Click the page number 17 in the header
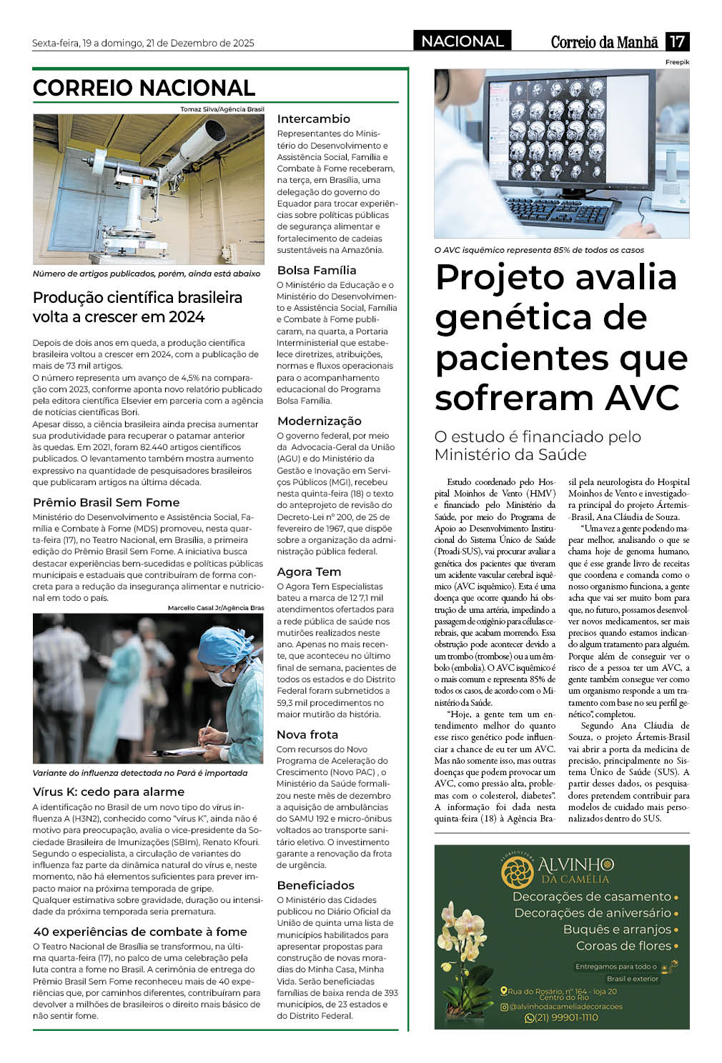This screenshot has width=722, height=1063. (x=677, y=41)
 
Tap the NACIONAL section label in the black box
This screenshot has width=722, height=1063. (x=462, y=41)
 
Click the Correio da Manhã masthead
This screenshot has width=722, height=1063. (x=604, y=42)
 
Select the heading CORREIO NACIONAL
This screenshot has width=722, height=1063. (x=144, y=88)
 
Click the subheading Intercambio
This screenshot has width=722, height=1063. (x=313, y=119)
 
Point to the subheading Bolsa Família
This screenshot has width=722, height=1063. (x=316, y=270)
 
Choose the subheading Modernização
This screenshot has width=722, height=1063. (x=319, y=421)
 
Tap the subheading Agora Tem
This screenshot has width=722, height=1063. (x=309, y=572)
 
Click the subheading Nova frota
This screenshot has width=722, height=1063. (x=307, y=734)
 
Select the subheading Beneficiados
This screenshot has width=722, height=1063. (x=315, y=885)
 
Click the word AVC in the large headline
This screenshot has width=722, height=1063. (x=642, y=398)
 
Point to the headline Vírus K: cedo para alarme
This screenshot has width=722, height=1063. (x=109, y=792)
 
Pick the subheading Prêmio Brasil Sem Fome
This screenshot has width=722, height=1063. (x=106, y=502)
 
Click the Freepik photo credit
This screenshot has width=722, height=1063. (x=677, y=63)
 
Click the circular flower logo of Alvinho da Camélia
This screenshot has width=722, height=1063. (x=518, y=872)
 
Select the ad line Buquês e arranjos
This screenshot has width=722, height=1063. (x=617, y=929)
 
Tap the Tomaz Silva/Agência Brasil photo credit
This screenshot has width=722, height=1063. (x=222, y=109)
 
